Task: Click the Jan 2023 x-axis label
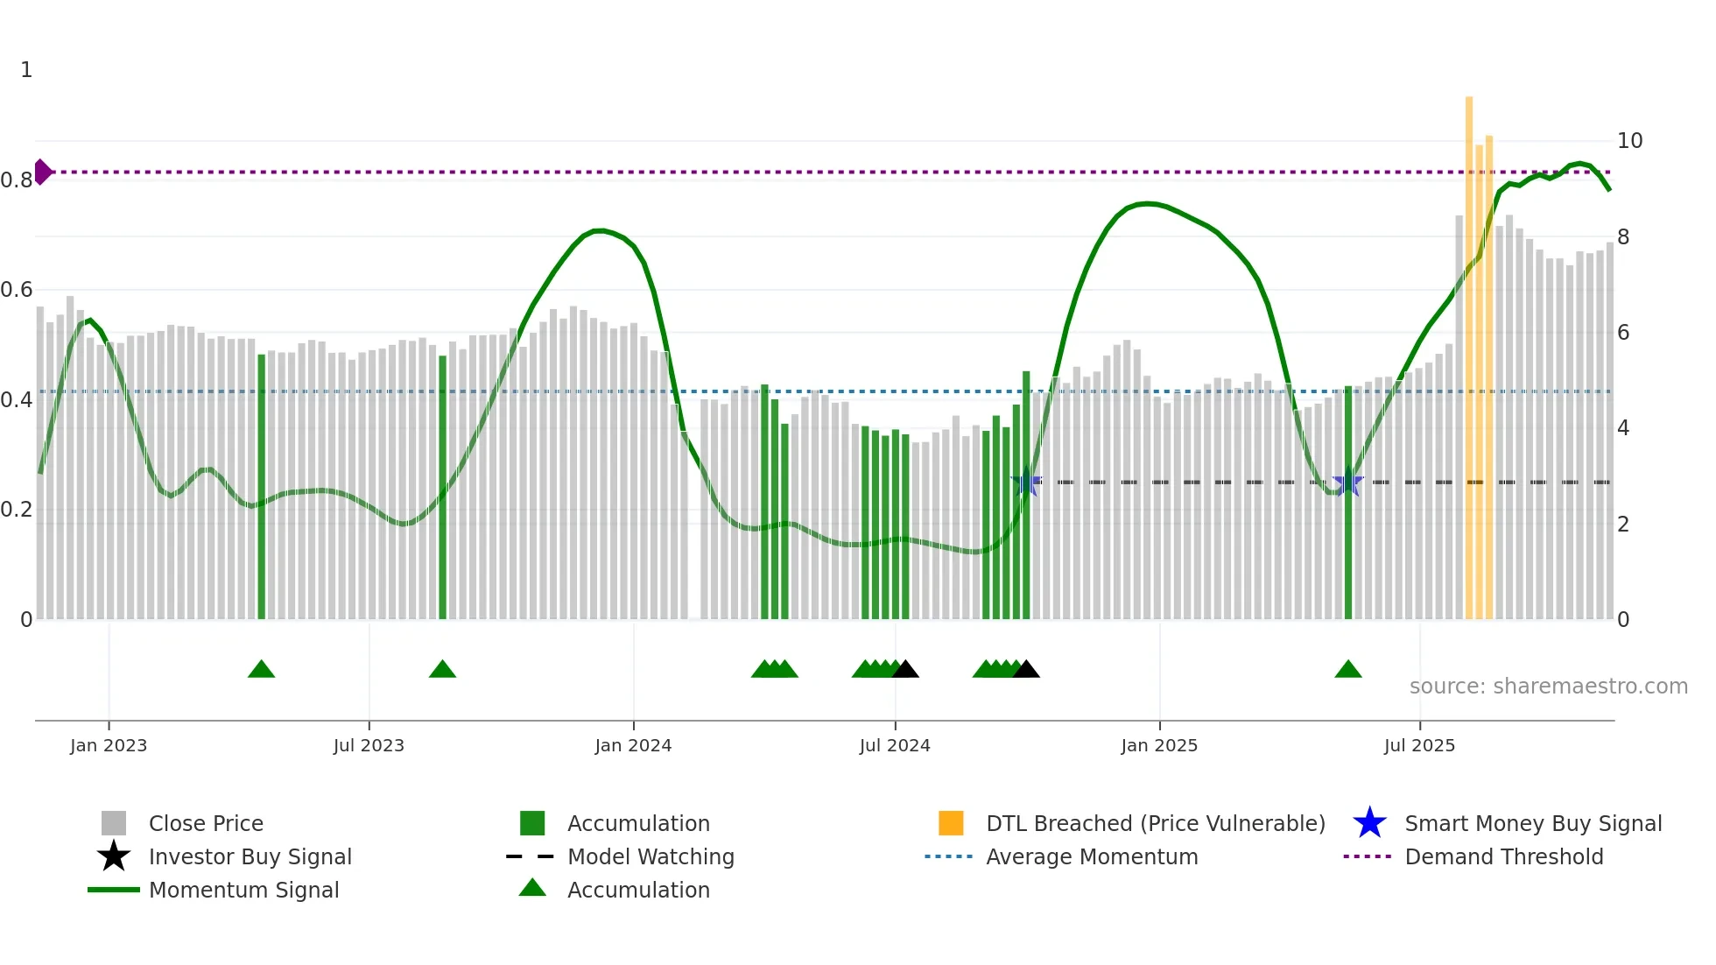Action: click(x=109, y=745)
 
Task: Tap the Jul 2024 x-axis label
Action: click(x=895, y=745)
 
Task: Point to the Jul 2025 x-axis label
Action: click(x=1419, y=745)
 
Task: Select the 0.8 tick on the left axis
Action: click(x=17, y=180)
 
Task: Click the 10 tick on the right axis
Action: click(x=1629, y=141)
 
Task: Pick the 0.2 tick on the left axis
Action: click(x=17, y=510)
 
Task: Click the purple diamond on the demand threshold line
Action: click(x=42, y=172)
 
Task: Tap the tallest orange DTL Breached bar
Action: click(x=1469, y=350)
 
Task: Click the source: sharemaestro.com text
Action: click(x=1548, y=687)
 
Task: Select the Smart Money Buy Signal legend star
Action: click(x=1369, y=823)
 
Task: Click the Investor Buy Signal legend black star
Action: click(x=114, y=856)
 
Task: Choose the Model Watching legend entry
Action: click(x=651, y=856)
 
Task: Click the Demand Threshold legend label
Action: click(x=1503, y=856)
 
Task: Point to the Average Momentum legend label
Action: click(x=1092, y=856)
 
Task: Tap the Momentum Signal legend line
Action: click(x=114, y=890)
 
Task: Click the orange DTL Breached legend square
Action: click(x=951, y=823)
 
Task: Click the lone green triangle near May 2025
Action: click(x=1348, y=670)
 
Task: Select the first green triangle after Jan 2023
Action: click(x=261, y=670)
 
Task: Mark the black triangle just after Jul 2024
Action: click(x=905, y=670)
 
